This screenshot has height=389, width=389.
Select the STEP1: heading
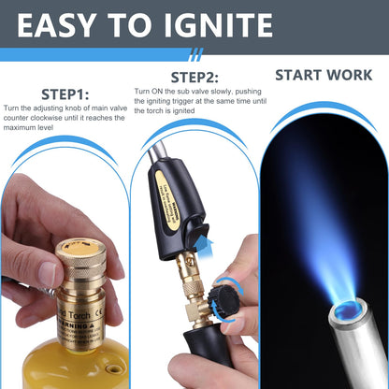(65, 94)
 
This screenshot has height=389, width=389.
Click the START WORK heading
(324, 76)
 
